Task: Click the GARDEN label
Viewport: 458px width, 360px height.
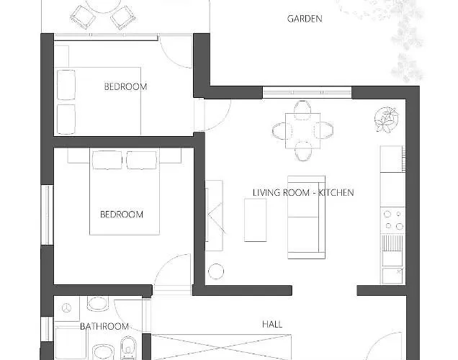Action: coord(305,19)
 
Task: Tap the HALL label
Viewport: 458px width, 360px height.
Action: coord(272,324)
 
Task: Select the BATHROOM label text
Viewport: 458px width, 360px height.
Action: coord(104,326)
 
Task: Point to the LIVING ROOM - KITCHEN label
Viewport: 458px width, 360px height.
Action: coord(303,193)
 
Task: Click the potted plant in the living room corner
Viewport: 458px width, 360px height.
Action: coord(386,120)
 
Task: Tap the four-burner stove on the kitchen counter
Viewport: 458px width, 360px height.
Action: coord(393,220)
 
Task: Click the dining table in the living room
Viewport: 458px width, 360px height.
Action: coord(302,131)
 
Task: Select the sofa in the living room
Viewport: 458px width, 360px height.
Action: coord(306,217)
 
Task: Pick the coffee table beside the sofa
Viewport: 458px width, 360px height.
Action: coord(256,220)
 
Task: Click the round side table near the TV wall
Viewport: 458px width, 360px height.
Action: coord(216,271)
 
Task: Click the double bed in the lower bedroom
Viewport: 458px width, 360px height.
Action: coord(125,193)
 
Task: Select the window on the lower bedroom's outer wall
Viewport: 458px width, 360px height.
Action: coord(47,215)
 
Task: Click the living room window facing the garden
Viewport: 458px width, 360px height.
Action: coord(307,93)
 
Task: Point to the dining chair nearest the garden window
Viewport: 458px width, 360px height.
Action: coord(302,109)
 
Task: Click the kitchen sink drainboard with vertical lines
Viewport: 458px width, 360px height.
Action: coord(392,243)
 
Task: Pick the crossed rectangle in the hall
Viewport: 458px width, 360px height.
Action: coord(221,348)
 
